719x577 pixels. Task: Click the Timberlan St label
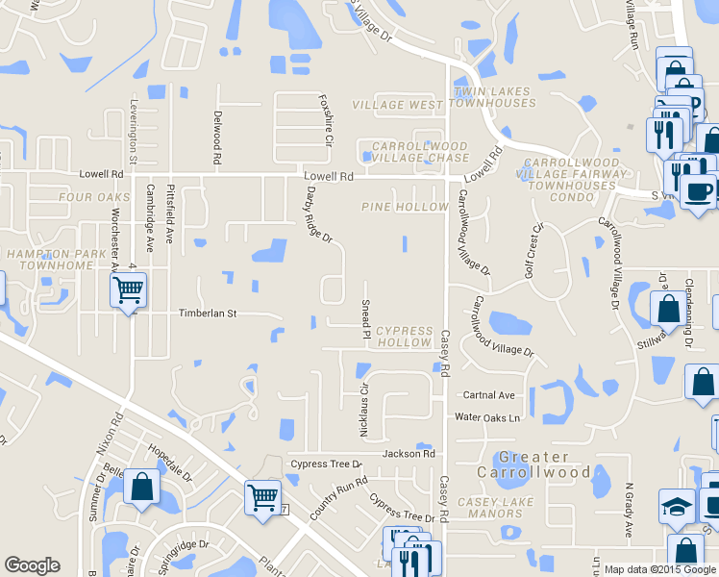pos(207,314)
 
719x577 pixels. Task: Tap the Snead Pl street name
pos(366,318)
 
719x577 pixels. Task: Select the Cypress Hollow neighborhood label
pos(405,337)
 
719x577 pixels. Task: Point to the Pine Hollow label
pos(406,207)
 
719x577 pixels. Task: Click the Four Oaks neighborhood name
pos(93,197)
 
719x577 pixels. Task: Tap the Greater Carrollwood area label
pos(533,464)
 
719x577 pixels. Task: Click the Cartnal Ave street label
pos(489,395)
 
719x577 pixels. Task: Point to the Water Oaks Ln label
pos(486,417)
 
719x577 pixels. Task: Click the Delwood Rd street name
pos(218,140)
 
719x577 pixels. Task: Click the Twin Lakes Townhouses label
pos(492,97)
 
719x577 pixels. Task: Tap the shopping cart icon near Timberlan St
pos(128,288)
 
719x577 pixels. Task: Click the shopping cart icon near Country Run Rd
pos(261,497)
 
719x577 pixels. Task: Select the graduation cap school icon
pos(676,504)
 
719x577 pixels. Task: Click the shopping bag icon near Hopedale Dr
pos(142,487)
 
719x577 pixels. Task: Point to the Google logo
pos(33,565)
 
